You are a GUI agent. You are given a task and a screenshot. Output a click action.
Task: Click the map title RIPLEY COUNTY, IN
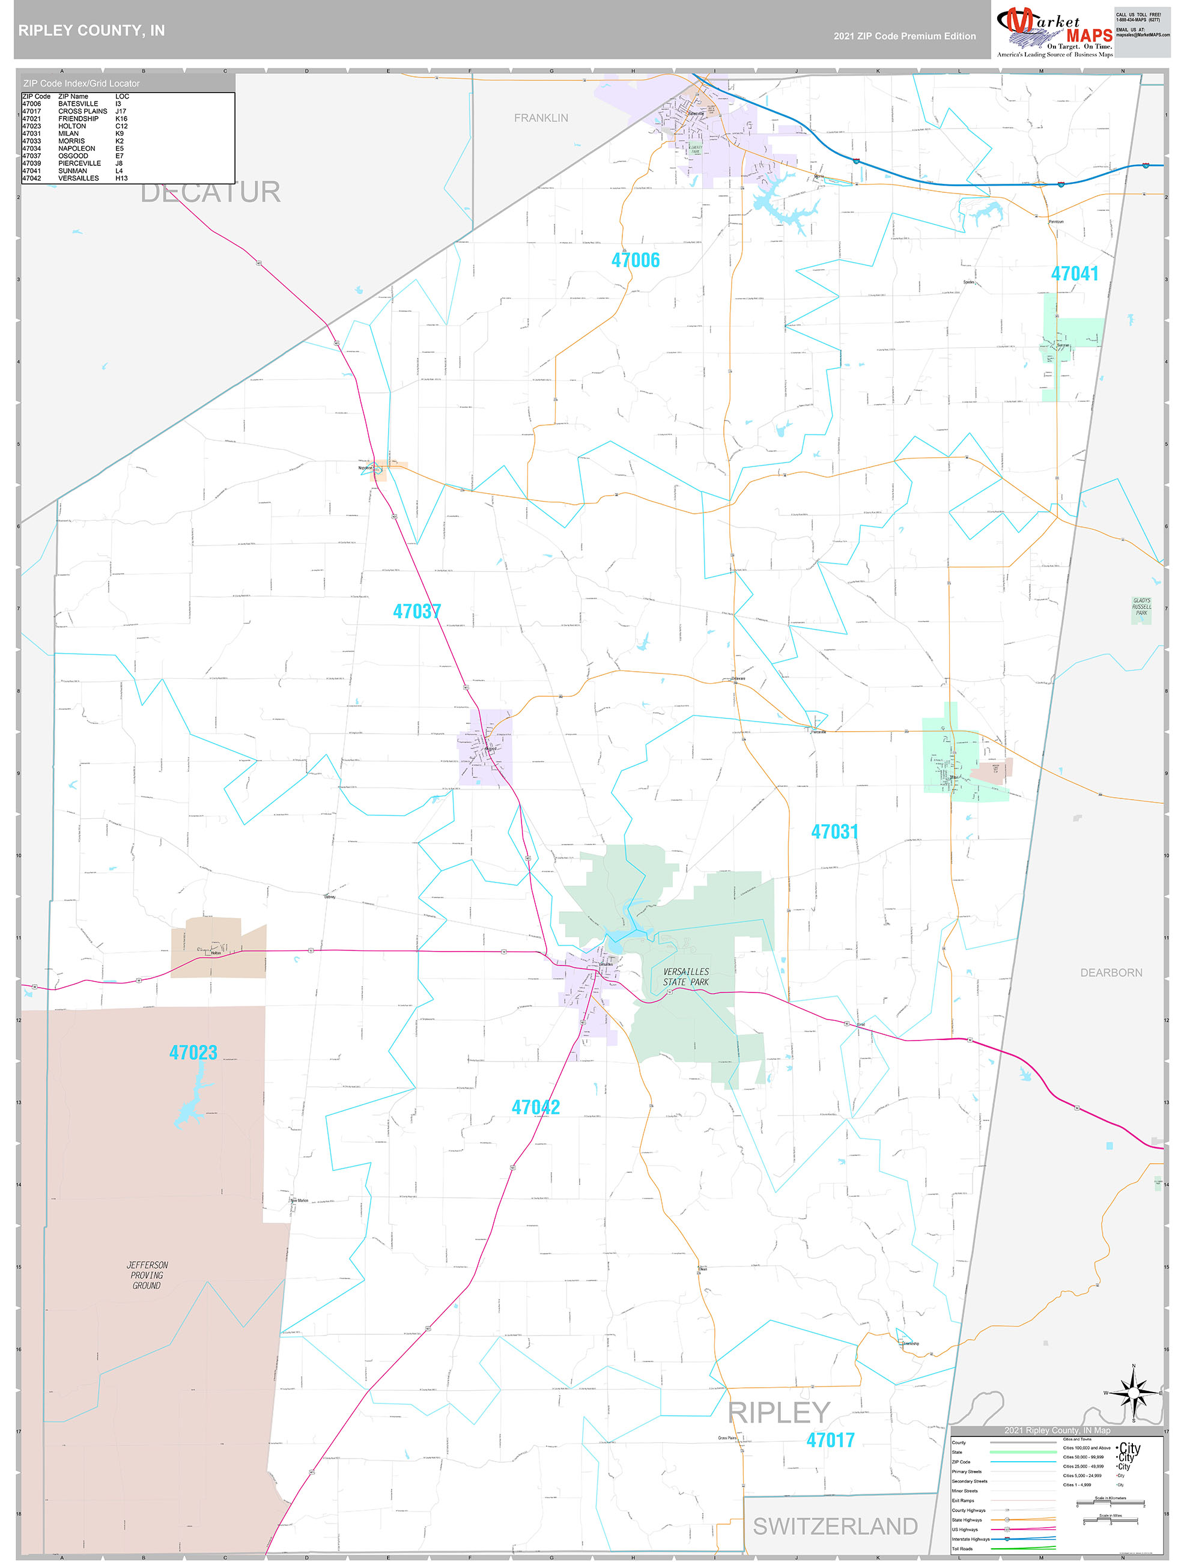point(91,31)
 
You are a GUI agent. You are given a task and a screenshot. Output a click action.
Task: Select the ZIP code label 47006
point(635,261)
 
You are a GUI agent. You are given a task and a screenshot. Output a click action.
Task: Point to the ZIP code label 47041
point(1073,274)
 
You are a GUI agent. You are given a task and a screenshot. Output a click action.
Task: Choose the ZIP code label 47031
point(834,832)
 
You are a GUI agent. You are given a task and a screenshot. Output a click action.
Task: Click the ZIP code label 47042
point(535,1107)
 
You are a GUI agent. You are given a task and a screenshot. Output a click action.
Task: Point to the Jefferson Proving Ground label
point(147,1275)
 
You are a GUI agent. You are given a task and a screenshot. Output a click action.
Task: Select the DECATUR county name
point(210,192)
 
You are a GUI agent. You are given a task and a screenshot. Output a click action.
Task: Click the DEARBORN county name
point(1110,973)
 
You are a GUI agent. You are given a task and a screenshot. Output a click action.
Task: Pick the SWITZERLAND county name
point(835,1527)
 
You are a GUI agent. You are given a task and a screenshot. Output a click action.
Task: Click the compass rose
point(1133,1393)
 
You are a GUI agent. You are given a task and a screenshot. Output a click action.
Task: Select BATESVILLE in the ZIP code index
point(77,104)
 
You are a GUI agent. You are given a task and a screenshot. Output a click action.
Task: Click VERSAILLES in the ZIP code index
point(77,178)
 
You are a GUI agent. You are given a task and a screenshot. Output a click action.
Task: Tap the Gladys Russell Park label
point(1141,607)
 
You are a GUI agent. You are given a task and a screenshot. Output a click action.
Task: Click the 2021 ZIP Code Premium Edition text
point(904,36)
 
